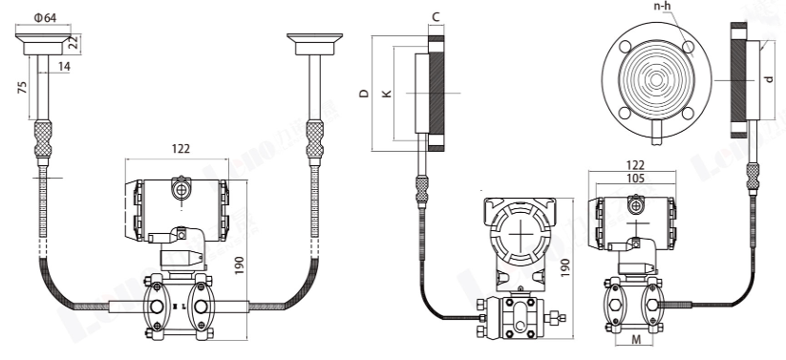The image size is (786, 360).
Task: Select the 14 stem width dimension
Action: pyautogui.click(x=63, y=66)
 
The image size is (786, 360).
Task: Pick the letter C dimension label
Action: pyautogui.click(x=435, y=17)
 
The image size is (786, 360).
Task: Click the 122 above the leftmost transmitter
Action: pyautogui.click(x=180, y=148)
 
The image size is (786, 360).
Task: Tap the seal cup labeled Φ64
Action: pyautogui.click(x=44, y=40)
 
